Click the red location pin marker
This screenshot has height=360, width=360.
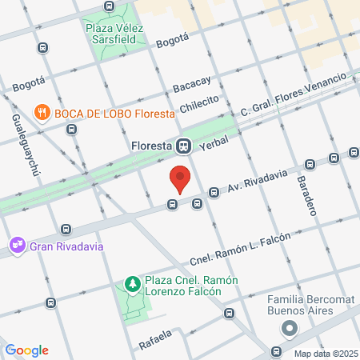pyautogui.click(x=180, y=178)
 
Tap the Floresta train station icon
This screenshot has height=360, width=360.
pyautogui.click(x=184, y=146)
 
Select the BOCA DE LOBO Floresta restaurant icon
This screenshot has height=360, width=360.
pyautogui.click(x=42, y=113)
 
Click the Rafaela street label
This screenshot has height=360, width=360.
pyautogui.click(x=157, y=336)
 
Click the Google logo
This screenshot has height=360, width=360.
pyautogui.click(x=26, y=350)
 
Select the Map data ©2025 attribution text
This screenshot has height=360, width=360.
pyautogui.click(x=323, y=354)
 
